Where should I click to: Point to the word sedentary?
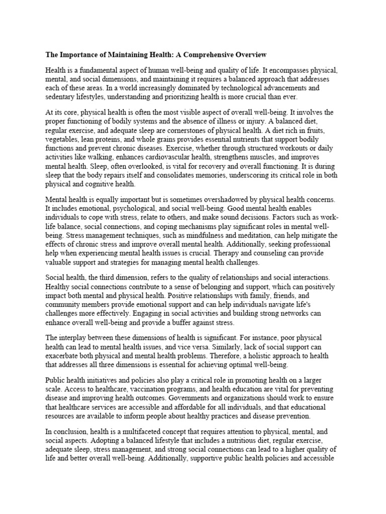[61, 96]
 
